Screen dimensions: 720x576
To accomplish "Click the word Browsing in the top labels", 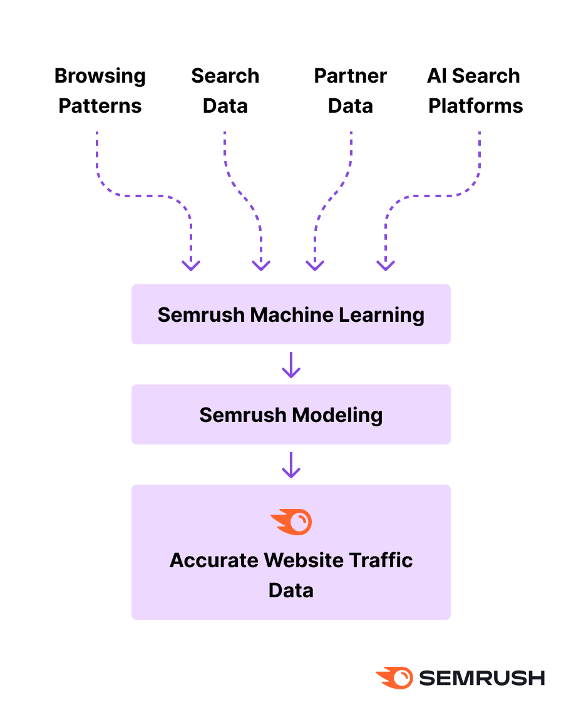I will point(100,76).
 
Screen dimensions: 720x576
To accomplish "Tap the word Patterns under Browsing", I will point(100,106).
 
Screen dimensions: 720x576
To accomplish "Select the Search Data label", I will point(225,91).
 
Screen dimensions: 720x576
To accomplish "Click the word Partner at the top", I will point(351,76).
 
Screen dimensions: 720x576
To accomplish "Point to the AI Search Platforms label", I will point(475,91).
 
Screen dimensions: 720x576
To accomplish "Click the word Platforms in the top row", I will point(476,106).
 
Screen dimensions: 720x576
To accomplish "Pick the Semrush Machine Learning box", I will point(291,314).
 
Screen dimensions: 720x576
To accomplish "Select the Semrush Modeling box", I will point(291,414).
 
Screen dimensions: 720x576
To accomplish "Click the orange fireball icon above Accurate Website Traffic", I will point(291,522).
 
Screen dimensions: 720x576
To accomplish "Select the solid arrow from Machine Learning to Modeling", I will point(291,365).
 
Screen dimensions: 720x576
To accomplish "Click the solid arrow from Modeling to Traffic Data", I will point(291,465).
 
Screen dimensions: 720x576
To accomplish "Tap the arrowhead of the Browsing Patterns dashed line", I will point(191,265).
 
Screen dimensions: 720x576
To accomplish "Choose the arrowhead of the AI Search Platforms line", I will point(386,265).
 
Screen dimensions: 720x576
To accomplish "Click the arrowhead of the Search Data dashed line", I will point(260,265).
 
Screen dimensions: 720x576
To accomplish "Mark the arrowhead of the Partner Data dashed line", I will point(315,265).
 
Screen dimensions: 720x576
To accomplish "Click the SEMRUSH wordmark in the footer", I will point(481,677).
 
